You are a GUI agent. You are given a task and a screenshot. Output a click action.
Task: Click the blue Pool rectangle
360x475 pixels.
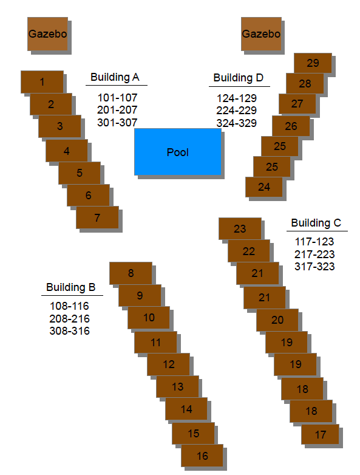click(x=178, y=152)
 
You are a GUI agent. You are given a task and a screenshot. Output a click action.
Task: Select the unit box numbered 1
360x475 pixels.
click(x=42, y=82)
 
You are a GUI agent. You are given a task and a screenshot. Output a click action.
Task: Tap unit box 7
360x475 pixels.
click(x=97, y=217)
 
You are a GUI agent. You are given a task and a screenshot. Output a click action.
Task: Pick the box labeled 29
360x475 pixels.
click(x=313, y=63)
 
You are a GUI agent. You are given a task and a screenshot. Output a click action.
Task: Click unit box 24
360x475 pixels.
click(x=263, y=187)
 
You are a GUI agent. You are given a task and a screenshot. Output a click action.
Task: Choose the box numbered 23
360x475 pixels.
click(x=240, y=229)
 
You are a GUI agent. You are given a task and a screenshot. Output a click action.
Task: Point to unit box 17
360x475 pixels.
click(x=320, y=434)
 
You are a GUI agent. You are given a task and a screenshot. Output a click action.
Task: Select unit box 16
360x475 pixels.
click(x=202, y=456)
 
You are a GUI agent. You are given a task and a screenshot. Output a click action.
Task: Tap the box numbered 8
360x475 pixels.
click(x=131, y=273)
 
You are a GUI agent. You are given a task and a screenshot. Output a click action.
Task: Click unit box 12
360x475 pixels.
click(x=168, y=364)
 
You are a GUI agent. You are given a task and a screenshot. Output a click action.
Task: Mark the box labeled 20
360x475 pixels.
click(x=277, y=320)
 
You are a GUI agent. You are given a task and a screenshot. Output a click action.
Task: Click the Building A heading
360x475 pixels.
click(x=115, y=77)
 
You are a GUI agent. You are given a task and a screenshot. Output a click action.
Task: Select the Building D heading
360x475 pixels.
click(x=239, y=78)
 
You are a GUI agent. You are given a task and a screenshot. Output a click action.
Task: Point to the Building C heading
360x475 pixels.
click(x=316, y=223)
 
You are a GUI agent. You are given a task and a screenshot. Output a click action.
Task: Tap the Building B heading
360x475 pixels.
click(x=71, y=287)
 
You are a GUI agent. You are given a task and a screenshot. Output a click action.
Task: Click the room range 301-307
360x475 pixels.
click(x=118, y=122)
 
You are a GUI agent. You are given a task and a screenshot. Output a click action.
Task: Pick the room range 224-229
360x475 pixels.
click(x=237, y=111)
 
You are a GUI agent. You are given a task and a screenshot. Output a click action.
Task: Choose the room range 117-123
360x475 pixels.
click(x=314, y=242)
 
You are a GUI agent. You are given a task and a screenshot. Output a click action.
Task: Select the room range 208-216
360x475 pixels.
click(x=70, y=319)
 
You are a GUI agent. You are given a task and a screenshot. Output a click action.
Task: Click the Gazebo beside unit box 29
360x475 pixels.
click(x=261, y=34)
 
